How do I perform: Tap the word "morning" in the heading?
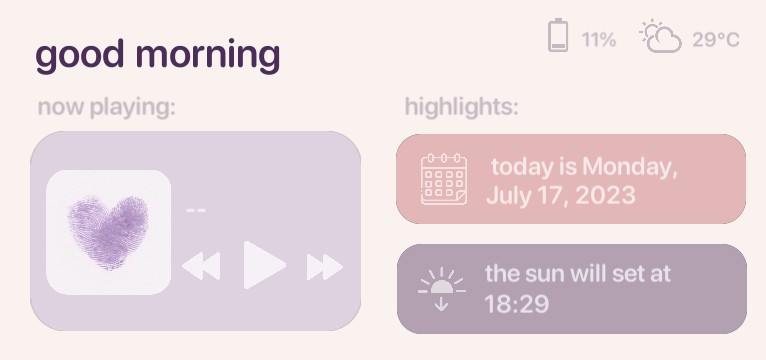(207, 56)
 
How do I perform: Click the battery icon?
(558, 37)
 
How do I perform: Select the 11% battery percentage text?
(599, 40)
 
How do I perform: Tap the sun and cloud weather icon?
(661, 36)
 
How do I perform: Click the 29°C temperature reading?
(716, 40)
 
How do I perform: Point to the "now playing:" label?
(106, 107)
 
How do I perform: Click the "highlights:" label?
(461, 107)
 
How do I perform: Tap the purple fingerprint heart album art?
(108, 233)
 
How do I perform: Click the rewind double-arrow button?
(201, 267)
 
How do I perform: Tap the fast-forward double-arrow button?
(324, 267)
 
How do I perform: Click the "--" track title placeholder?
(196, 210)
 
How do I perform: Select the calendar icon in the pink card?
(444, 179)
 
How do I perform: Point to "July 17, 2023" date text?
(560, 194)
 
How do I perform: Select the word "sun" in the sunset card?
(539, 273)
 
